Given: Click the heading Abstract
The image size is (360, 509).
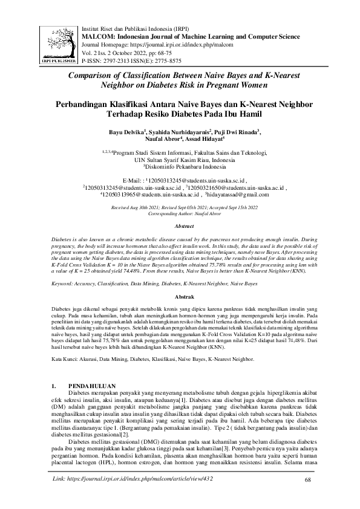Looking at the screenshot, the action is (x=183, y=225).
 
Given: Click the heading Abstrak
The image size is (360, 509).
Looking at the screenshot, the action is (x=183, y=298).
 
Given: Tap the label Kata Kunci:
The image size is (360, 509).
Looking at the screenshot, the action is (x=68, y=359).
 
